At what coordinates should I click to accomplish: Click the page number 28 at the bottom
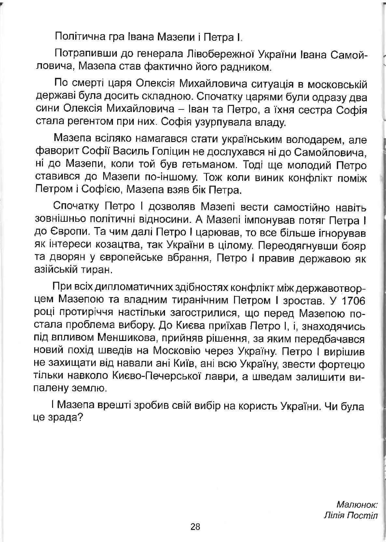pyautogui.click(x=195, y=526)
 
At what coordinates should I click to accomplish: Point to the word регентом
pyautogui.click(x=91, y=123)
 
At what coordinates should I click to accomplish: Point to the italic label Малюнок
pyautogui.click(x=357, y=505)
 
